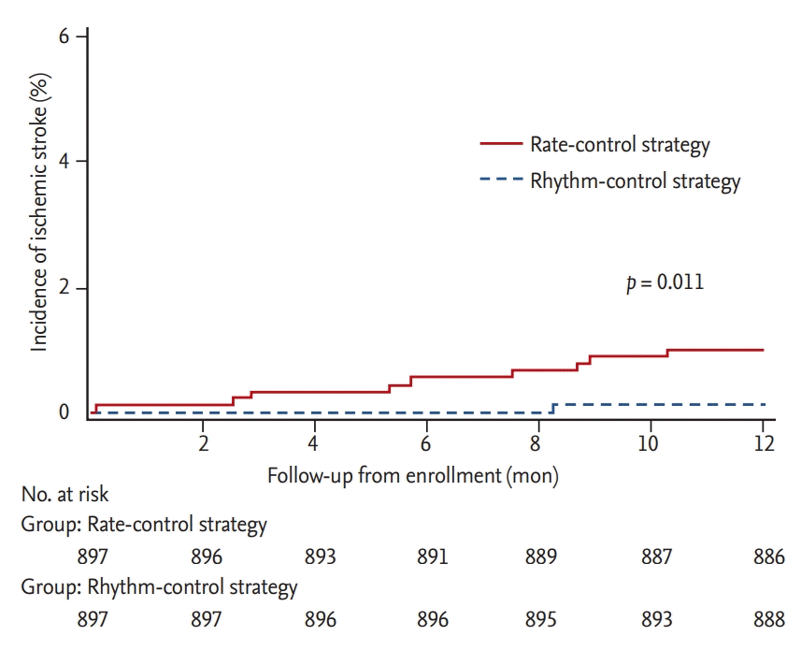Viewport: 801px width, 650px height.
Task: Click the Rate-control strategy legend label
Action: (x=620, y=145)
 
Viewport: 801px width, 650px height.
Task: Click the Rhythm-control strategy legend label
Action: (x=635, y=181)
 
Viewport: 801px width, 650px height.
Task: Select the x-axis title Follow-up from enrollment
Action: (x=412, y=476)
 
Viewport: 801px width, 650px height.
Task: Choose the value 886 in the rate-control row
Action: (x=768, y=557)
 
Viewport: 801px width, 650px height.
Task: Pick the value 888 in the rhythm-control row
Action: (x=768, y=620)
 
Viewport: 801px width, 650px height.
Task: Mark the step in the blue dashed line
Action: (x=553, y=408)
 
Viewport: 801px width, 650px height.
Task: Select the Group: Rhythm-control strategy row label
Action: (x=159, y=588)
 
